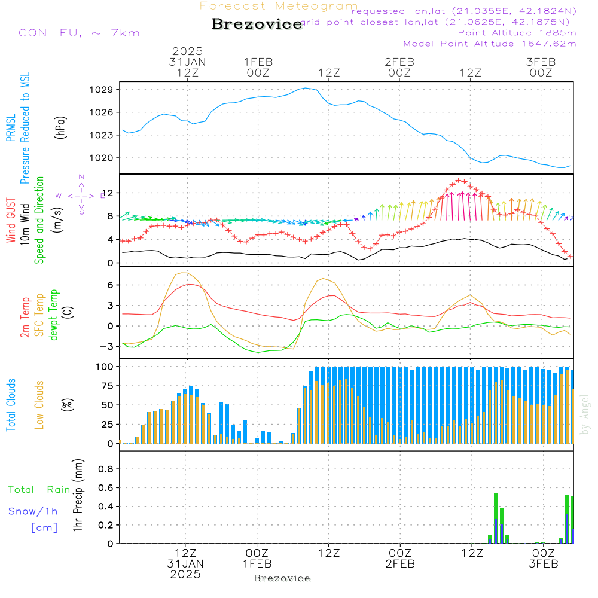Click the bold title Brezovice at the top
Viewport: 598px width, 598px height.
(x=257, y=24)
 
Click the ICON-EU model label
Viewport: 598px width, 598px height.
(x=77, y=33)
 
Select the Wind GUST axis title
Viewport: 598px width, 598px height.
(x=11, y=221)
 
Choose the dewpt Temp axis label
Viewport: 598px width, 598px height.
(x=54, y=315)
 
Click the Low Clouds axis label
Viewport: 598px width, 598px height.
(x=39, y=404)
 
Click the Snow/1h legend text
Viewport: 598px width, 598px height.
(x=33, y=511)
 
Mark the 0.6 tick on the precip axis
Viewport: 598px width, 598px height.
(x=105, y=487)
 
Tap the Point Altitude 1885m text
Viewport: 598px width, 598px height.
(x=517, y=33)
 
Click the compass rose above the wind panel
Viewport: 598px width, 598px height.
(x=81, y=196)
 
